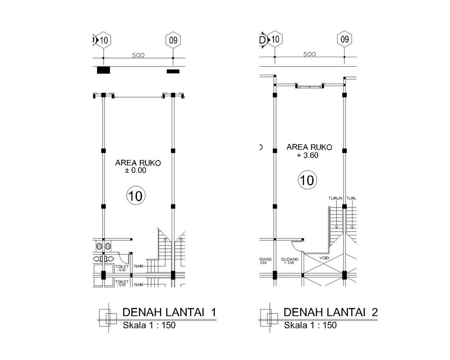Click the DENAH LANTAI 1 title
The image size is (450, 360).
[x=169, y=313]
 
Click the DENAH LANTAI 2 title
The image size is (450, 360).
[x=330, y=313]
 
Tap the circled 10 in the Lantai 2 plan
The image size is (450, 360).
[x=308, y=180]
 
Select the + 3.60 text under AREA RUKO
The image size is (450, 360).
[x=308, y=155]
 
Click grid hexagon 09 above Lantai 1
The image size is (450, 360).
[x=173, y=40]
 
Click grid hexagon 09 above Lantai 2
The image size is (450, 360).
[x=345, y=40]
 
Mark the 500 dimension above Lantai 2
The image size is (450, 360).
[x=310, y=54]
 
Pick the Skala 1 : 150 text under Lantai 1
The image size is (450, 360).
[x=149, y=326]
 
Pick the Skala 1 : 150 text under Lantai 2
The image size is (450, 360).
[x=310, y=326]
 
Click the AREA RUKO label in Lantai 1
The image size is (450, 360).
[x=138, y=163]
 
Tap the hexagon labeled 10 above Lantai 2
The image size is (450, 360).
[x=275, y=40]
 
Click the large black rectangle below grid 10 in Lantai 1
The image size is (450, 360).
[x=103, y=70]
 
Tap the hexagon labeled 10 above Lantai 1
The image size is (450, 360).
[x=103, y=40]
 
